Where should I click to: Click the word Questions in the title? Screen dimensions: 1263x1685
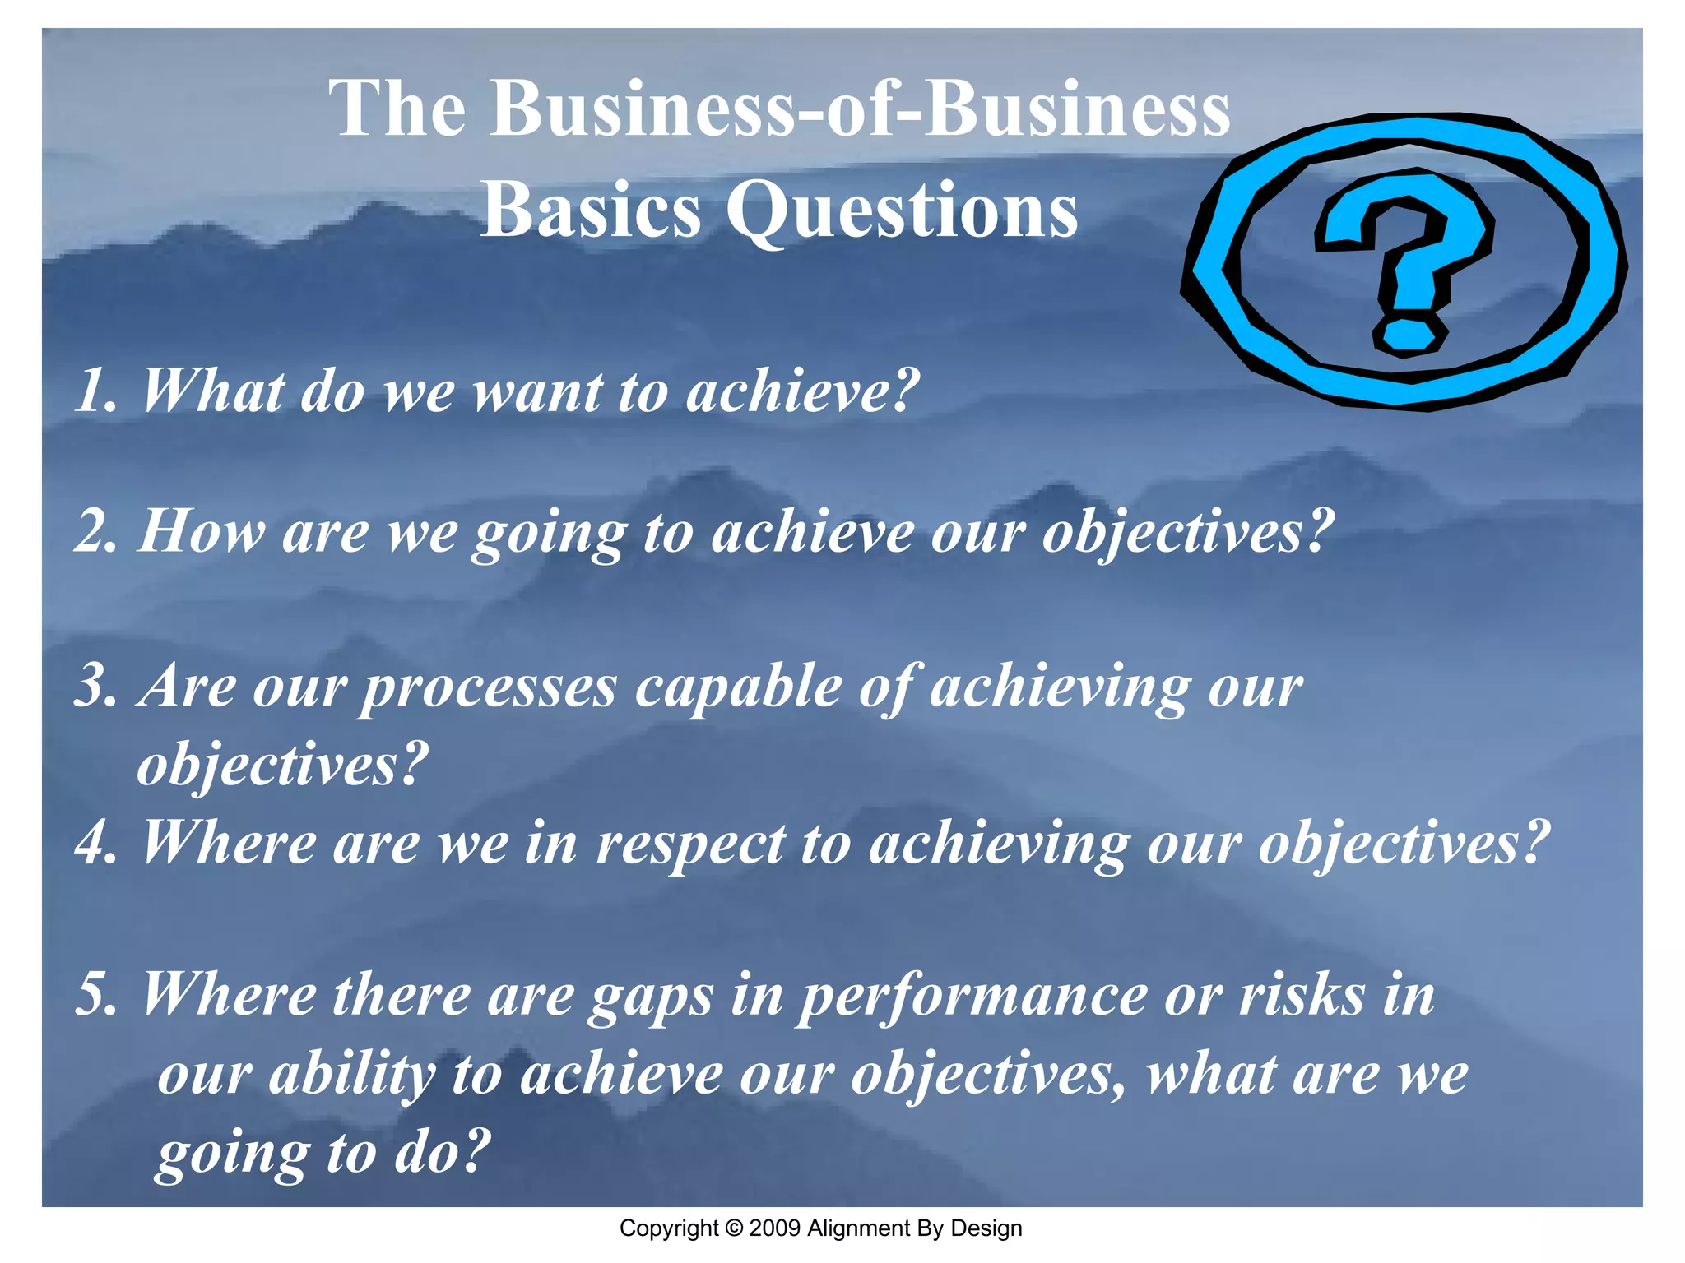[902, 210]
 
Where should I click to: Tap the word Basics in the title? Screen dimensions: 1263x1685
[590, 210]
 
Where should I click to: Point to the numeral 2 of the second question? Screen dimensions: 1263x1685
[93, 531]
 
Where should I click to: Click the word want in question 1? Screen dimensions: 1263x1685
[538, 391]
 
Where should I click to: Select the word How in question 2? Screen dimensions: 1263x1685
[202, 531]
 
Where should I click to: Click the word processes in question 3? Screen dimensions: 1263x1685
[489, 687]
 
